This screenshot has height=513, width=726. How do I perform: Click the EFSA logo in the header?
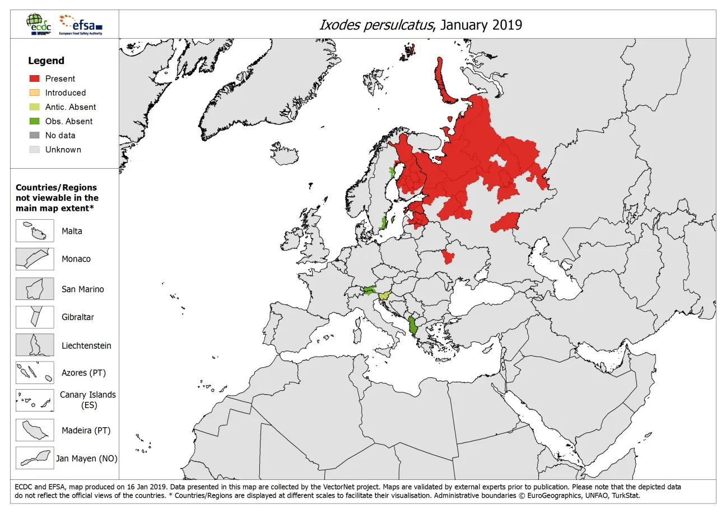[81, 25]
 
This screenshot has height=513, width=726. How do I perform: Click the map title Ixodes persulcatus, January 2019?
[420, 25]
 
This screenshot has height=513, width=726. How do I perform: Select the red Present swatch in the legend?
[35, 78]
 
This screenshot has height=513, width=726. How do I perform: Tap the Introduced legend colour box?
[35, 93]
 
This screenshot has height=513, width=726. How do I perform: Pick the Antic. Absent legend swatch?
[35, 107]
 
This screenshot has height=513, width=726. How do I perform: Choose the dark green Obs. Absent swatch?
[35, 121]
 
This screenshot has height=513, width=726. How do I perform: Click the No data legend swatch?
[35, 135]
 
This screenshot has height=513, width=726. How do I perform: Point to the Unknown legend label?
[63, 150]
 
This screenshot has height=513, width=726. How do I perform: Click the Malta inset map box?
[35, 230]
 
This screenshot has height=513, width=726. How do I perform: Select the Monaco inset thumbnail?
[35, 258]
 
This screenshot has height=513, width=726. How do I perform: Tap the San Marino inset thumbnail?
[35, 289]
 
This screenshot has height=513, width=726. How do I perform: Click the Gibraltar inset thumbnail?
[35, 317]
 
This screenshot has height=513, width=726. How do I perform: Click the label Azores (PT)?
[83, 373]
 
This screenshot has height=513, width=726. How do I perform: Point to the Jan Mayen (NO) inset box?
[35, 458]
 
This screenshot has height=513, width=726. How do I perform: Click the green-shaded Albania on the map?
[413, 326]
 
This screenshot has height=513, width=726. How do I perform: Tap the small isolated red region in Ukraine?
[448, 257]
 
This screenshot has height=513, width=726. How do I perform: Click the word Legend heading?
[46, 61]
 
